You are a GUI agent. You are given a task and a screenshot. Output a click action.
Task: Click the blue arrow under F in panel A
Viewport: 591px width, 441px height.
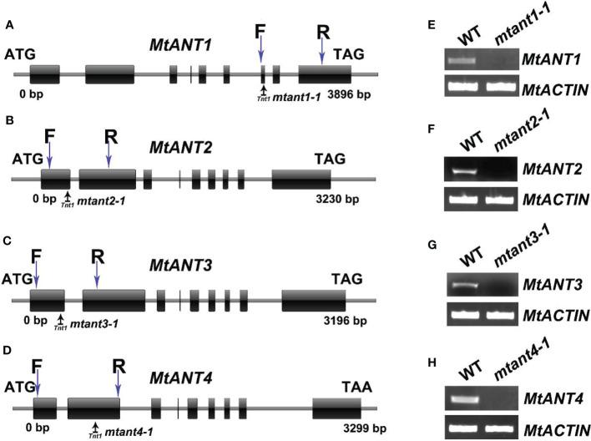[261, 53]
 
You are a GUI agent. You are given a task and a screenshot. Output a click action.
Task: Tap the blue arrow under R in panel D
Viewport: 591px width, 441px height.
[118, 383]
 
